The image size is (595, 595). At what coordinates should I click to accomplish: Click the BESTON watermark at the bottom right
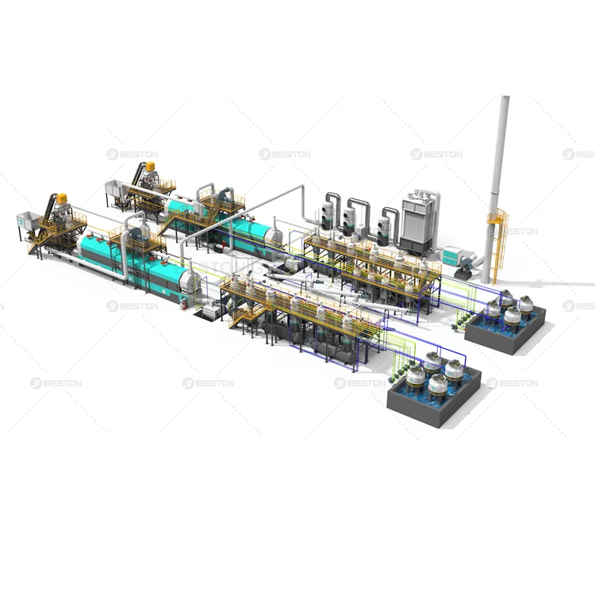point(512,383)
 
